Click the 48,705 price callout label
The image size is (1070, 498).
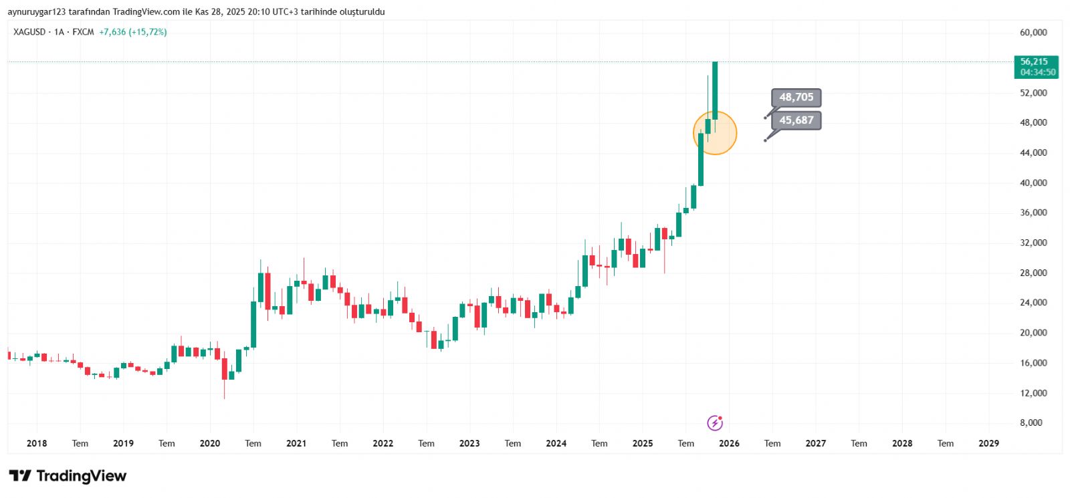point(796,98)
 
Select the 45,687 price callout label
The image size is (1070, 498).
point(796,120)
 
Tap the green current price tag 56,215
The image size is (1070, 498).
point(1036,66)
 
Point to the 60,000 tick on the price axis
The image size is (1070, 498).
point(1033,32)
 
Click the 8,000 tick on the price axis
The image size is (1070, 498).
point(1031,422)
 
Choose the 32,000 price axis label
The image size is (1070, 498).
point(1033,243)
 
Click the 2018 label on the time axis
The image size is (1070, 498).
point(37,443)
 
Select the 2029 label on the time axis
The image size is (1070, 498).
point(988,443)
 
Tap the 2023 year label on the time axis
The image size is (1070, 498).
point(469,443)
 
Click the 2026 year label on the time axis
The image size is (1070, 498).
point(729,443)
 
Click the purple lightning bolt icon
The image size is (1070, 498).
point(715,422)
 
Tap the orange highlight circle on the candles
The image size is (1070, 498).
point(715,133)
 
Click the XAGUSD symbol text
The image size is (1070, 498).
point(29,32)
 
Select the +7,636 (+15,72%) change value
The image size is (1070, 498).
point(133,32)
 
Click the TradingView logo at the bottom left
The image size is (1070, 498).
point(68,476)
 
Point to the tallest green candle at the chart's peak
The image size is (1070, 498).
point(715,90)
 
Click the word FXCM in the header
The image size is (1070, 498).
point(83,32)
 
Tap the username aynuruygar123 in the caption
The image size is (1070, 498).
point(37,12)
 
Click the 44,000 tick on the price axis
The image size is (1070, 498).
point(1033,152)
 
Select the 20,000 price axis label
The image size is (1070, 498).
point(1033,332)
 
